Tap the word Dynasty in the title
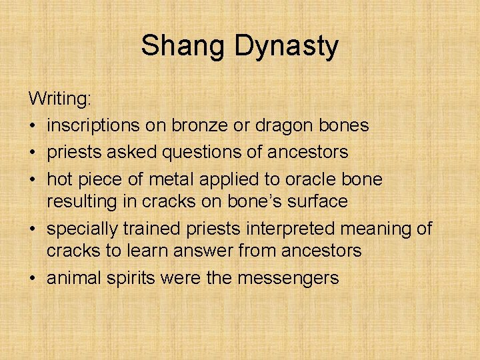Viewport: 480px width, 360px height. coord(287,47)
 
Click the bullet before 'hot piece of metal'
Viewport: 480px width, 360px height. coord(33,179)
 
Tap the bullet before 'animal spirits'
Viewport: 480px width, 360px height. coord(33,277)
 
